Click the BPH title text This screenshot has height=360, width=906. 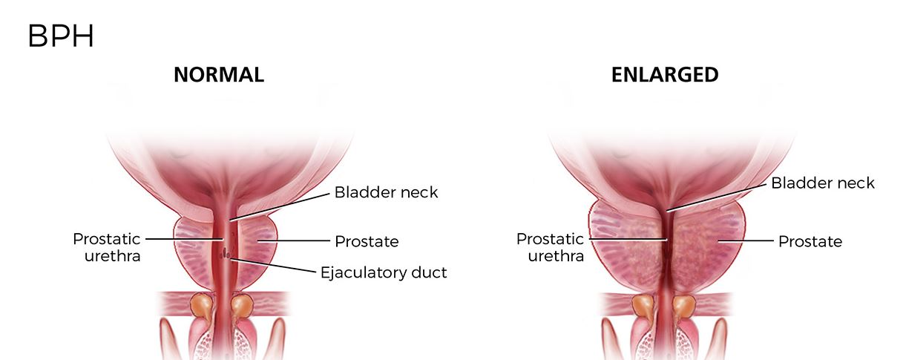(61, 36)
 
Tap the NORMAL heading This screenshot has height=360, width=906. (219, 75)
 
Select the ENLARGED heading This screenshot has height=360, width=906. (664, 75)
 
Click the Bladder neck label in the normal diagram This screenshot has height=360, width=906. (386, 192)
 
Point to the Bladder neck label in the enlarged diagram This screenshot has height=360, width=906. (823, 183)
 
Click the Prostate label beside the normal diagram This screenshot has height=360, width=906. (367, 241)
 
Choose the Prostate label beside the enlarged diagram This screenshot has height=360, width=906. (810, 241)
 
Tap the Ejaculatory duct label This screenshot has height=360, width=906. (383, 272)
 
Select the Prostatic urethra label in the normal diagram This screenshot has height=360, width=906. (106, 247)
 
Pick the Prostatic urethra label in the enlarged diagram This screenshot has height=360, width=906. (550, 247)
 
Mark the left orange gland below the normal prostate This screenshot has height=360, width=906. (200, 304)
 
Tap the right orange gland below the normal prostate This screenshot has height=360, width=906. (243, 304)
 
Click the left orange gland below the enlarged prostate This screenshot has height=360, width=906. (642, 305)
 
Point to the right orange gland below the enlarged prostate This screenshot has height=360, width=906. (685, 305)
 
